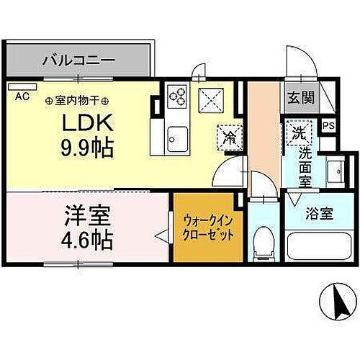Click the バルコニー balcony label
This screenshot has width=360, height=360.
[x=78, y=58]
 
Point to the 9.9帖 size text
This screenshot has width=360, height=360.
[x=85, y=150]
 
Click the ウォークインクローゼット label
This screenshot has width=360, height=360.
[x=207, y=228]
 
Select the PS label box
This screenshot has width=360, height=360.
[x=328, y=126]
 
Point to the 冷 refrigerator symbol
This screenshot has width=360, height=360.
[x=228, y=135]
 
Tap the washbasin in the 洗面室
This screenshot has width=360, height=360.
[x=335, y=173]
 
